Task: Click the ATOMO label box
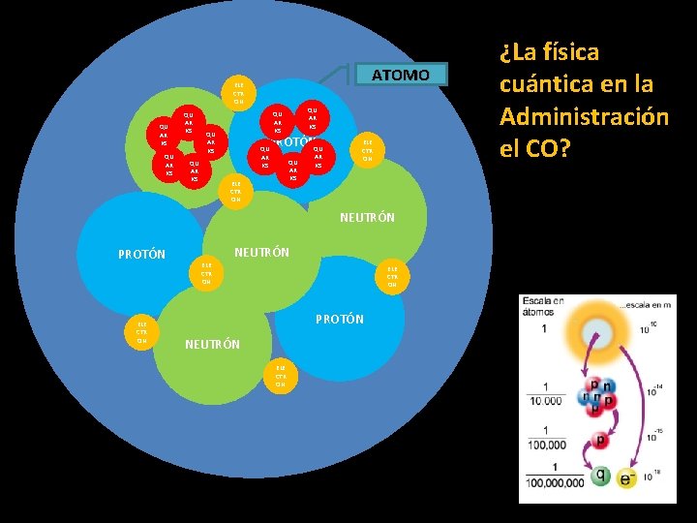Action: coord(400,75)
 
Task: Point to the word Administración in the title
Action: coord(584,117)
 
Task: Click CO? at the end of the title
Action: coord(552,150)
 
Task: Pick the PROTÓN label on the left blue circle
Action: coord(141,256)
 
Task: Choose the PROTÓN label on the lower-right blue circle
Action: coord(340,319)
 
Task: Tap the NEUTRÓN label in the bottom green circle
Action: coord(212,344)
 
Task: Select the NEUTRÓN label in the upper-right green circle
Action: coord(367,218)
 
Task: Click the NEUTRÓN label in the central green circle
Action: coord(262,252)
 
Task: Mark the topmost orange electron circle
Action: coord(237,92)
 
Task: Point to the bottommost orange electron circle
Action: coord(280,375)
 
